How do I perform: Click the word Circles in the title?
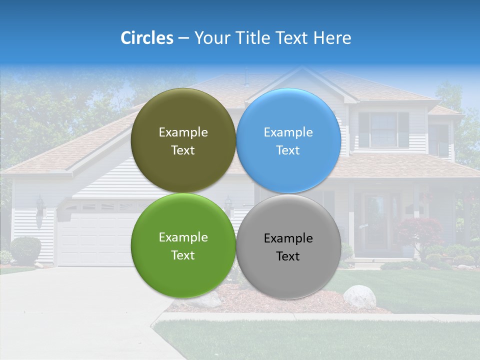pyautogui.click(x=146, y=38)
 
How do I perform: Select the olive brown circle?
pyautogui.click(x=183, y=140)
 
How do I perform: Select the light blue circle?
pyautogui.click(x=288, y=140)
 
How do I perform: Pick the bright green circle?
pyautogui.click(x=183, y=245)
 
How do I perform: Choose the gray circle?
pyautogui.click(x=288, y=246)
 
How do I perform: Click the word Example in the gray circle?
pyautogui.click(x=288, y=238)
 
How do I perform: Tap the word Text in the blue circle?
pyautogui.click(x=288, y=150)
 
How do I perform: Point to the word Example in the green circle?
pyautogui.click(x=183, y=237)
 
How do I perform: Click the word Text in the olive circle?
pyautogui.click(x=183, y=150)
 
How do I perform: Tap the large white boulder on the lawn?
pyautogui.click(x=359, y=296)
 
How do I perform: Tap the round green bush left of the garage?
pyautogui.click(x=25, y=249)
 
